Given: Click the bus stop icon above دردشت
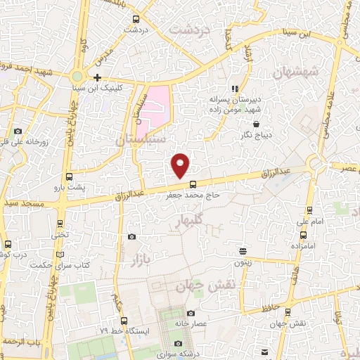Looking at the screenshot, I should point(136,19).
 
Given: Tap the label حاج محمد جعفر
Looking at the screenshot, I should point(193,194).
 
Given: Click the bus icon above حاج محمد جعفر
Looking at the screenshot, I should point(193,184).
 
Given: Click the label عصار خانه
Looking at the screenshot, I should point(191,324).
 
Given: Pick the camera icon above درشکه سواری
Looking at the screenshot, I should point(179,343).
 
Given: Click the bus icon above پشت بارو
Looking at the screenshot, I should point(69,177).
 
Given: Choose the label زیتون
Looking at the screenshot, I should point(243,262).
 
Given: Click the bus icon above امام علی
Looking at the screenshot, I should point(309,210).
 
